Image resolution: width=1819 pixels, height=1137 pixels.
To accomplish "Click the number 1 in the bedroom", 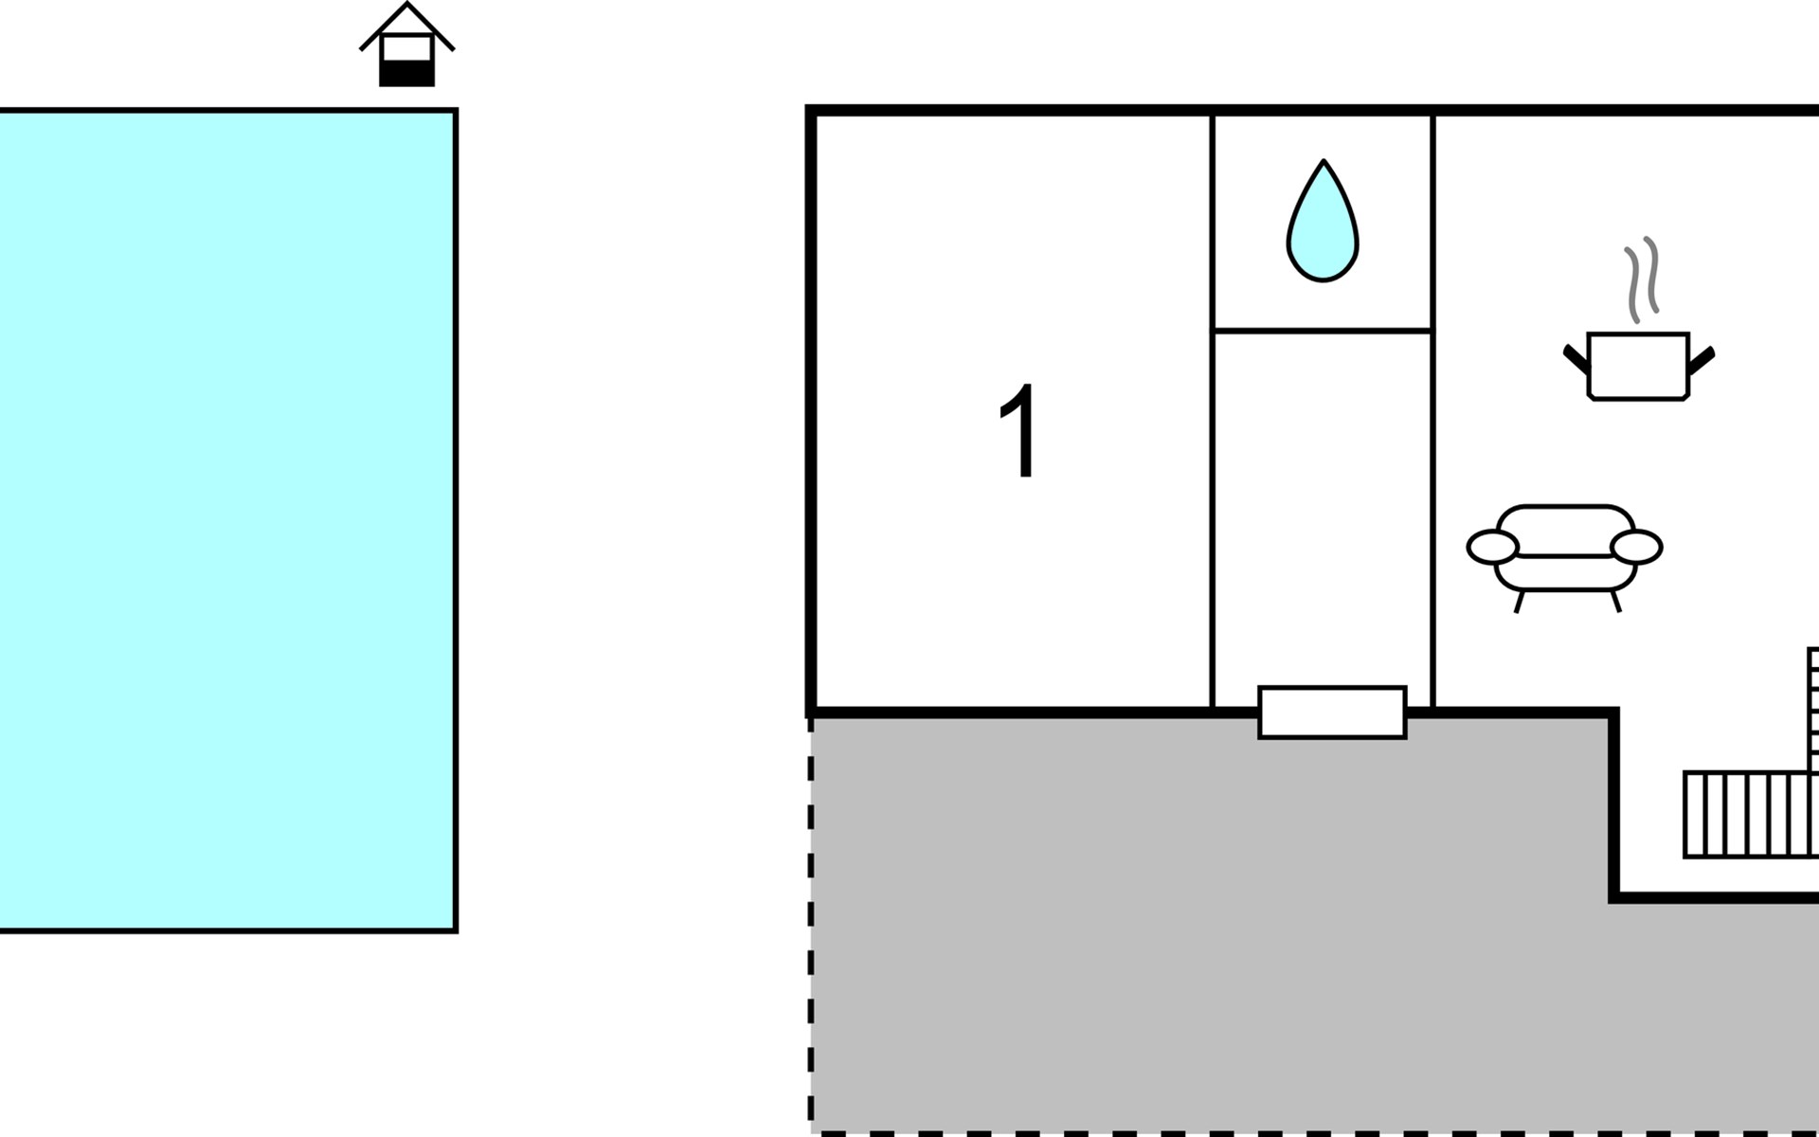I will (x=1019, y=431).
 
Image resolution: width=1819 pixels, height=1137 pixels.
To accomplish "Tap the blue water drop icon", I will (x=1323, y=227).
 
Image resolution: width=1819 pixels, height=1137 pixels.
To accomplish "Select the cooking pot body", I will (x=1638, y=367).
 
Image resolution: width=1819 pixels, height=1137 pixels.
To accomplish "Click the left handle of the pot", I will (x=1576, y=359).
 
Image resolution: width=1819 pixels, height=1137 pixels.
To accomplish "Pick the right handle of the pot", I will (x=1702, y=359).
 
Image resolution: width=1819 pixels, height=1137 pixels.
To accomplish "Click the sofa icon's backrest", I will (x=1565, y=527).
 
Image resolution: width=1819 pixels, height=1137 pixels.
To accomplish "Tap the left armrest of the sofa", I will (x=1492, y=548).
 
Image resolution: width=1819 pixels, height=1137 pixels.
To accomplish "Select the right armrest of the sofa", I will (x=1636, y=548).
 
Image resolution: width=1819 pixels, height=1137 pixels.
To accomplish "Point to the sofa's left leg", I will (x=1519, y=602).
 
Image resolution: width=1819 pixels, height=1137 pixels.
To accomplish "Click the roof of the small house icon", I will (x=407, y=23).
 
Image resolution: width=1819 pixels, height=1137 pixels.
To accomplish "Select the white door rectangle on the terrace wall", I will (x=1332, y=713).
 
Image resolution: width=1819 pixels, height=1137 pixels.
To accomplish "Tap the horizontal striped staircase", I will (x=1749, y=815).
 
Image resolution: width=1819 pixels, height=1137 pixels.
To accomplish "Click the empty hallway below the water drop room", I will (x=1323, y=502).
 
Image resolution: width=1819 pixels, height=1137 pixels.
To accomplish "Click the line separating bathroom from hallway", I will (x=1323, y=331).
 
